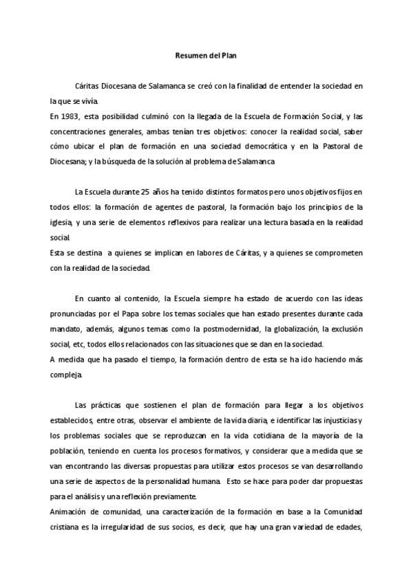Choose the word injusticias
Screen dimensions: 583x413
[339, 420]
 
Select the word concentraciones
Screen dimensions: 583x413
[66, 131]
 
